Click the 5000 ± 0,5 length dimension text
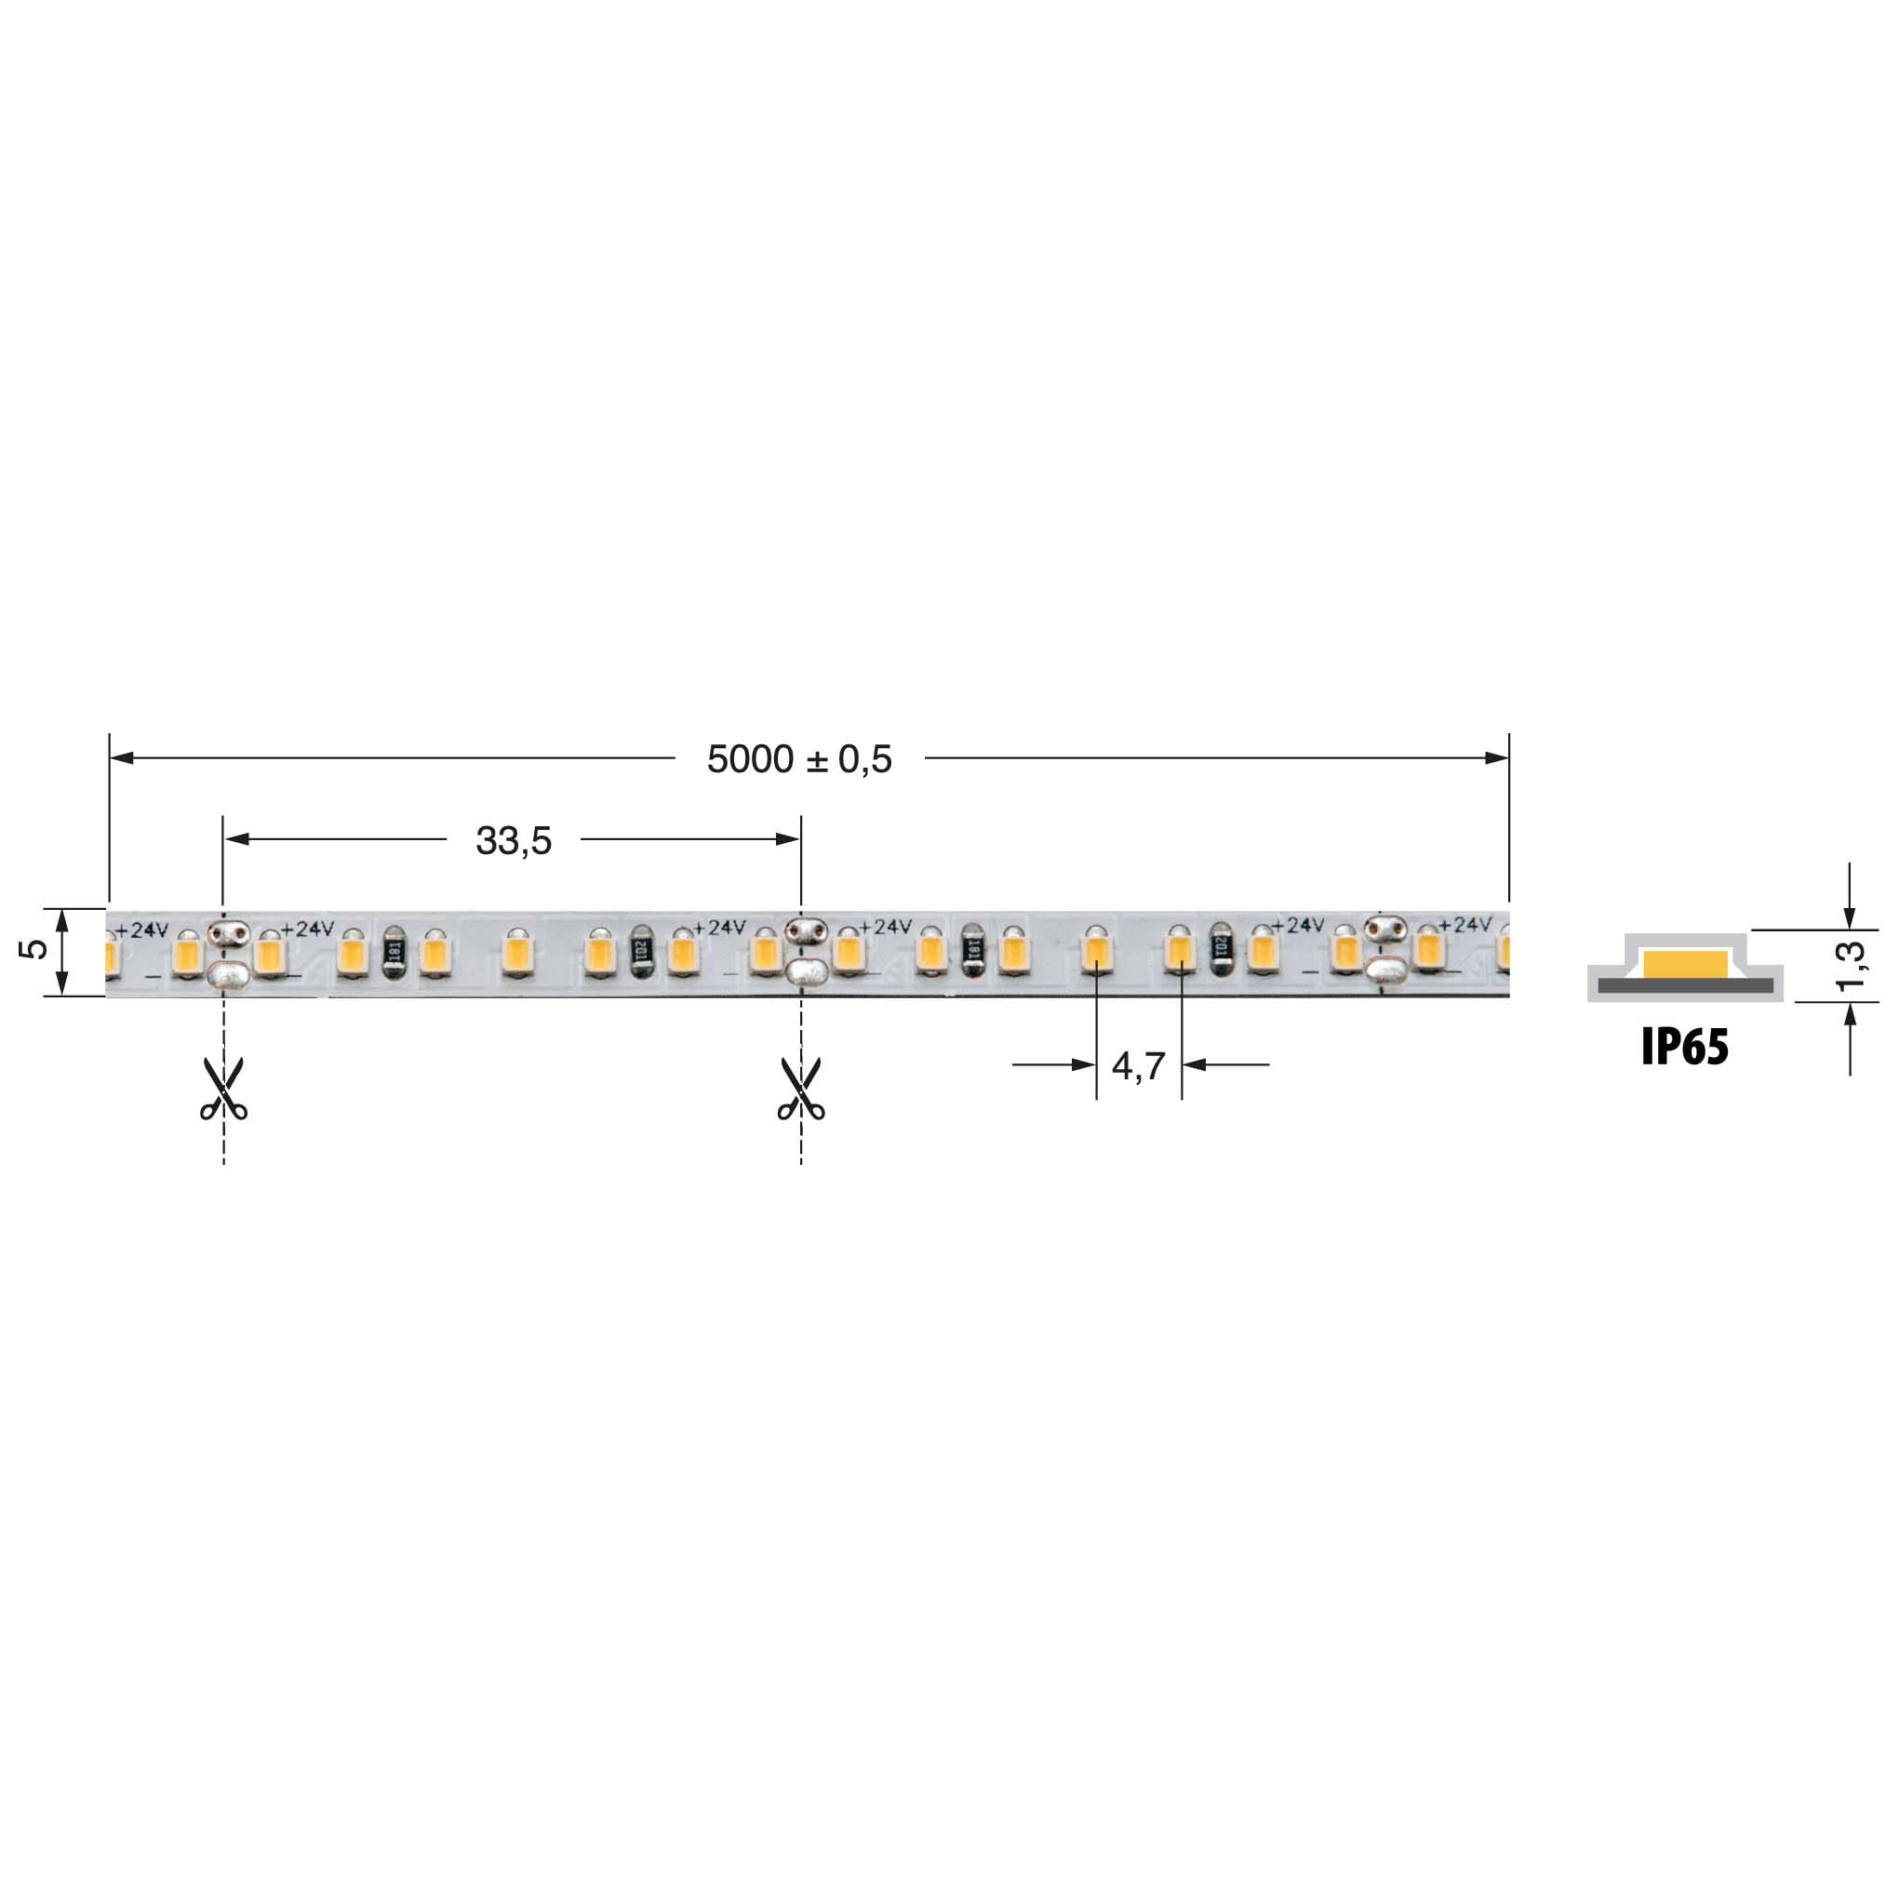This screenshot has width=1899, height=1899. pos(799,759)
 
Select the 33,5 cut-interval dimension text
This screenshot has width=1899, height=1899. pos(513,840)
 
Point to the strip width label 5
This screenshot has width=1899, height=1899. pos(33,948)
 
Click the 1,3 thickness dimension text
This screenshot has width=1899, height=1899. pos(1850,966)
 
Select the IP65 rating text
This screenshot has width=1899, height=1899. pos(1685,1048)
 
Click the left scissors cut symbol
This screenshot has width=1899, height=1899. pos(224,1090)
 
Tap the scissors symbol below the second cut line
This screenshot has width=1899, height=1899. pos(801,1090)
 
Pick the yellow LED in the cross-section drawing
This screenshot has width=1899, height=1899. pos(1685,964)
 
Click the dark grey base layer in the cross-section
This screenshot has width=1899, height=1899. pos(1685,986)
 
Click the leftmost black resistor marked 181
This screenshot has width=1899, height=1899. pos(394,952)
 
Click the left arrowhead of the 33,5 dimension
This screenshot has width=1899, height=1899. pos(237,839)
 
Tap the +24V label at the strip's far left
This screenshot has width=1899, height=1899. pos(141,929)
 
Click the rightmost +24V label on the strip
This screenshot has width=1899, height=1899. pos(1464,925)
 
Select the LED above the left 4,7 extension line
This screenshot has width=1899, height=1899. pos(1095,951)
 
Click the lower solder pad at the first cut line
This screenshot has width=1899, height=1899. pos(226,975)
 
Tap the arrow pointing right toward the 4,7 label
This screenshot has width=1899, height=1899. pos(1081,1064)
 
